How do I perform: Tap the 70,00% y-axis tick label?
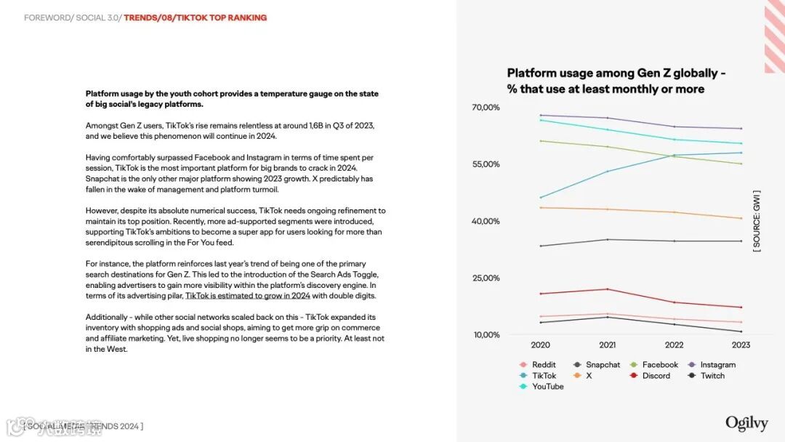click(x=486, y=108)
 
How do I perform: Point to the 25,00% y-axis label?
click(x=486, y=278)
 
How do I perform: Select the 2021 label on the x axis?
click(x=607, y=345)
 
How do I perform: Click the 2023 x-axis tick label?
click(x=741, y=345)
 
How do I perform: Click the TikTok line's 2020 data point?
click(x=540, y=198)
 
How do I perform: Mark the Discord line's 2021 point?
click(x=607, y=289)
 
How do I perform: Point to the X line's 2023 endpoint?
click(x=741, y=218)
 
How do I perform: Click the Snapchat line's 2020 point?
click(x=540, y=246)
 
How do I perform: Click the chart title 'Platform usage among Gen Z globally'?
click(x=616, y=73)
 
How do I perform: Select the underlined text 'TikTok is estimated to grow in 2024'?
click(x=248, y=296)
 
